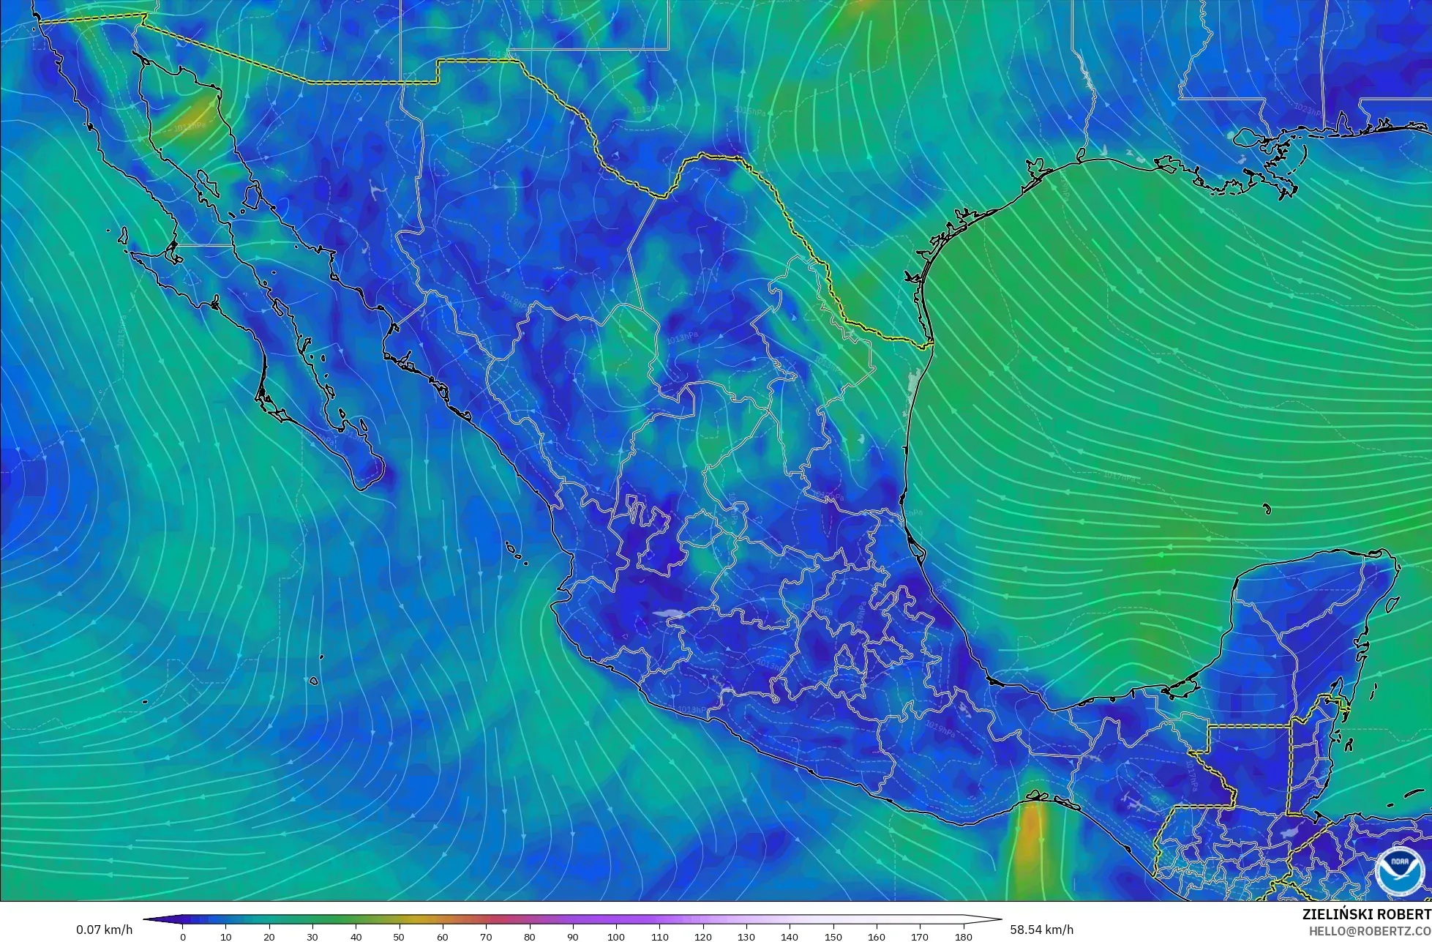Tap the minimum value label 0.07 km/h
105,930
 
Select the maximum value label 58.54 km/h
1042,930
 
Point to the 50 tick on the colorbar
400,936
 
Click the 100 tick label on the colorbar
616,936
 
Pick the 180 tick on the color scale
963,936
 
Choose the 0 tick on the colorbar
183,936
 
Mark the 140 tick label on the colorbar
790,936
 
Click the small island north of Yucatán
1266,509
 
